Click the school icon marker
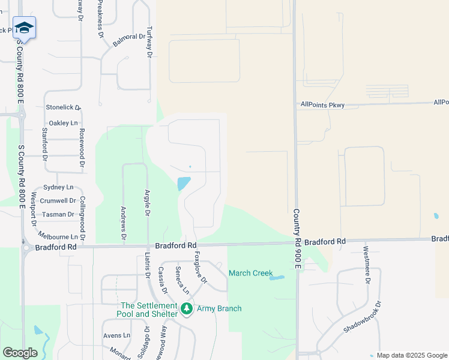click(24, 28)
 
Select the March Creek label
click(250, 273)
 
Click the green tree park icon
click(187, 309)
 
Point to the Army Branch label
click(219, 308)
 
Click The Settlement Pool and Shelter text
click(149, 310)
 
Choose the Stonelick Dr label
click(63, 107)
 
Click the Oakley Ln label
click(63, 123)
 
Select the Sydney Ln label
click(58, 187)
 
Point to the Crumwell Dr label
click(59, 201)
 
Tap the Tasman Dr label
click(58, 214)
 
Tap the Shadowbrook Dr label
click(363, 322)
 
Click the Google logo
click(20, 353)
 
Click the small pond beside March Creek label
click(277, 278)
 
